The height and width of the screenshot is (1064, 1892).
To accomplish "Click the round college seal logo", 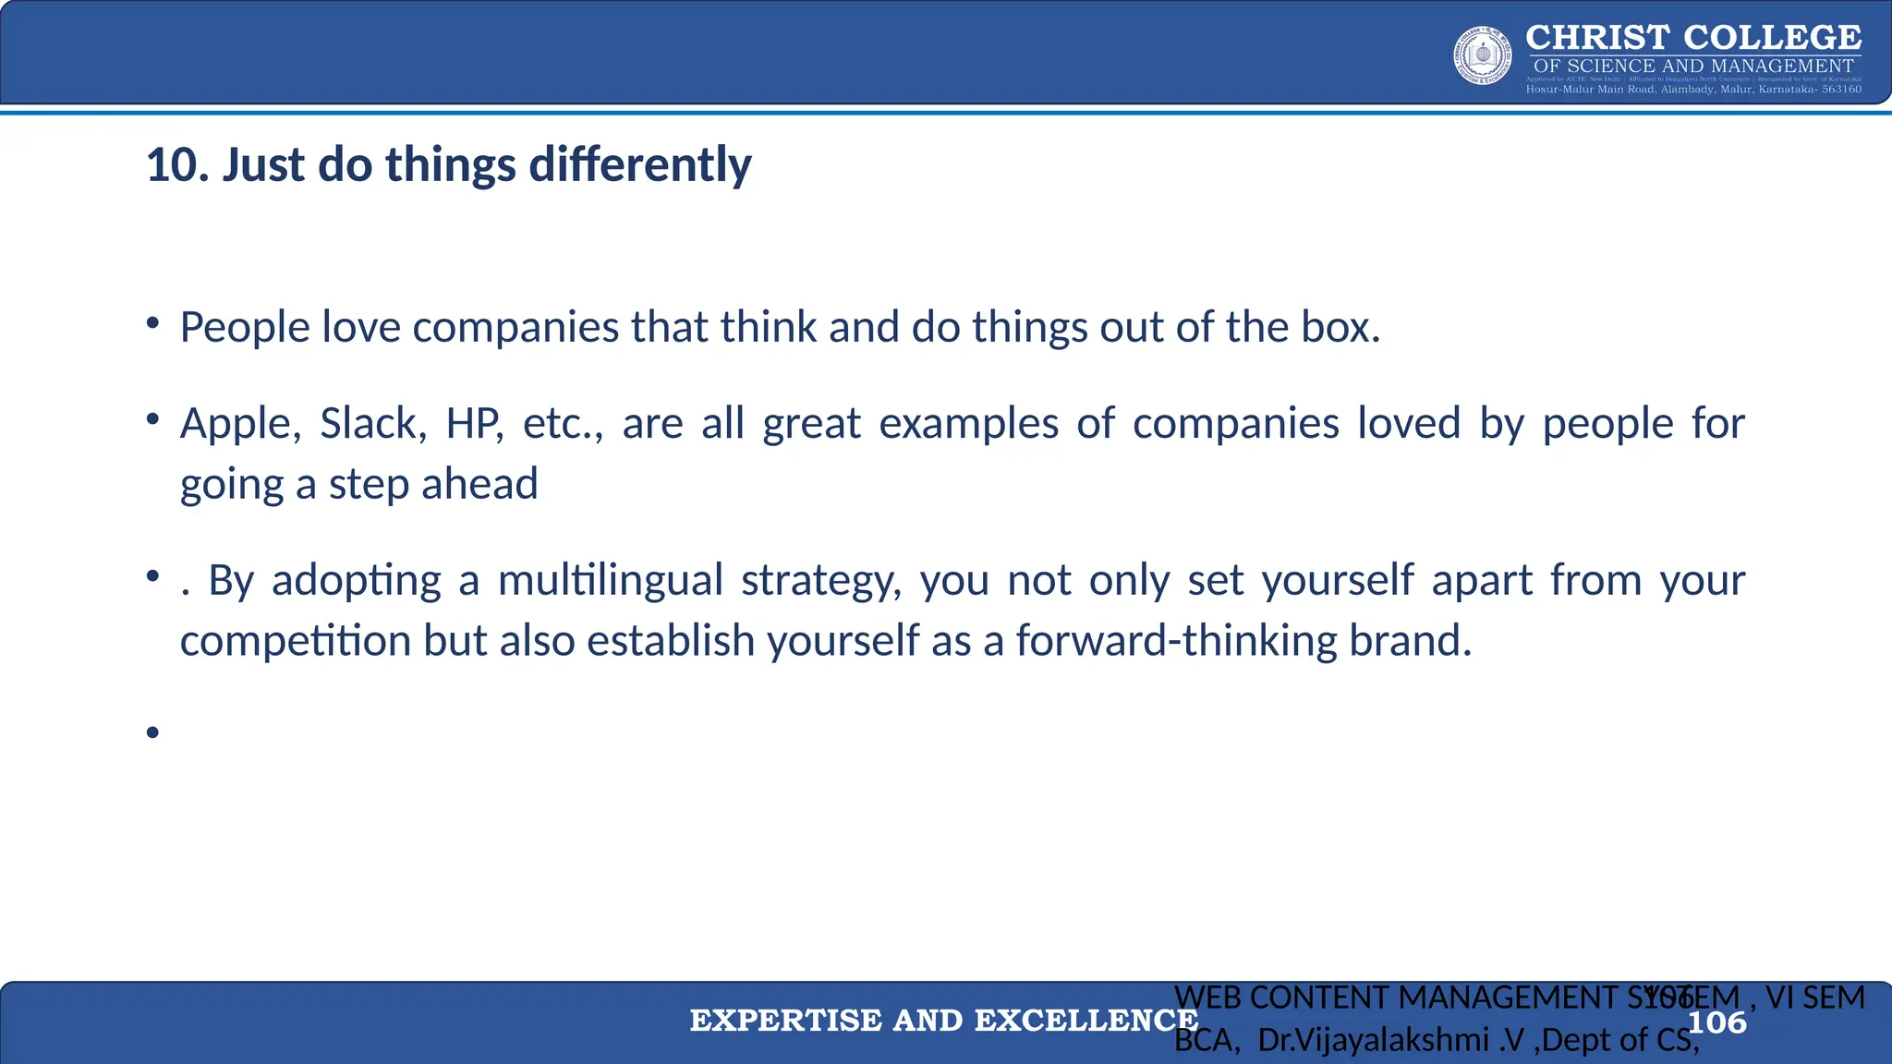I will point(1483,55).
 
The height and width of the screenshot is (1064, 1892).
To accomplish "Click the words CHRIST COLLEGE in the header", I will point(1692,38).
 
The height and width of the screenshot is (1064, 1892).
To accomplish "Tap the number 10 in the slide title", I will point(169,165).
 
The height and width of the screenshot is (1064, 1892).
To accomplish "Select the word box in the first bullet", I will point(1340,328).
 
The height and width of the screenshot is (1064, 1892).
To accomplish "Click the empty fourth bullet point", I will point(153,733).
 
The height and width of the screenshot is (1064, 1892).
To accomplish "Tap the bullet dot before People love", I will point(153,324).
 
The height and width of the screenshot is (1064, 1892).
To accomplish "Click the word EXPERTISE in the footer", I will point(785,1021).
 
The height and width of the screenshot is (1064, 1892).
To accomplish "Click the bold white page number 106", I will point(1716,1023).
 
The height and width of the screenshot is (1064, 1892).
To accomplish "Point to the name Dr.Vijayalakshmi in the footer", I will point(1373,1041).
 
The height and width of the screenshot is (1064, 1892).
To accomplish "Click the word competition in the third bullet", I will point(295,641).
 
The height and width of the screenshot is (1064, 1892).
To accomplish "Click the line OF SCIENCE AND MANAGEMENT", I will point(1692,66).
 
